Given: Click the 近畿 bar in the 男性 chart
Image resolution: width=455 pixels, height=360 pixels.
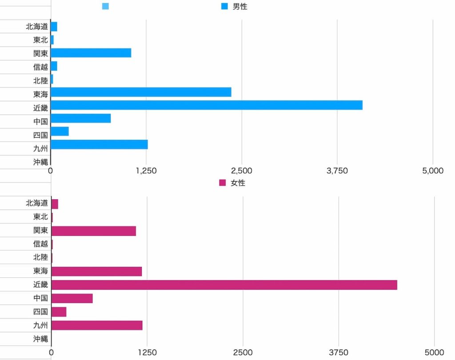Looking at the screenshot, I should (207, 105).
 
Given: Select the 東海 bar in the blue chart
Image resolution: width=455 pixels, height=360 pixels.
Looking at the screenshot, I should (141, 92).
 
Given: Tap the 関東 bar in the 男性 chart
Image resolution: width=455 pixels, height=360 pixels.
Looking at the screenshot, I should (91, 53).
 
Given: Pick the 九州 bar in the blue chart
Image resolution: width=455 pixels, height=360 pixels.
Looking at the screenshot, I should (99, 145).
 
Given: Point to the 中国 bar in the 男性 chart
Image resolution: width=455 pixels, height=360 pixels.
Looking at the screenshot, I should (80, 119).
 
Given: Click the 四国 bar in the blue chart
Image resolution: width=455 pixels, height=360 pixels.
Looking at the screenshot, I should (60, 131).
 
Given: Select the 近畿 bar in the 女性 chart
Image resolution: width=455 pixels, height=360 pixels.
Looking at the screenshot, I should (224, 285).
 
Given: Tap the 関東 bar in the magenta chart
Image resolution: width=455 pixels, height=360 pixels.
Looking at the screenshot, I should (94, 231).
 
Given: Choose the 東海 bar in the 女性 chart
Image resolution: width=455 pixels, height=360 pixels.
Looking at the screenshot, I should (96, 271).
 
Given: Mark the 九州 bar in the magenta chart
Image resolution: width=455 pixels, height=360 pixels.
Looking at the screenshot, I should (97, 325).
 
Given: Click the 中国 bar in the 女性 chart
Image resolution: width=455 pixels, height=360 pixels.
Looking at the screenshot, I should (72, 298).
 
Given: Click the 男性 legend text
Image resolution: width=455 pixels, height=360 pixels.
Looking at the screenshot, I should (240, 7).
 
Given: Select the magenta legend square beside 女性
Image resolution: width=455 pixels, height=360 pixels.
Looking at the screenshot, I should (223, 183).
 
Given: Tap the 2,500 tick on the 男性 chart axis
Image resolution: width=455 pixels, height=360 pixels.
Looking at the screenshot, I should (242, 171).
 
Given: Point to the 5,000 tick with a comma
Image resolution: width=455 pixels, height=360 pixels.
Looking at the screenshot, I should (433, 171).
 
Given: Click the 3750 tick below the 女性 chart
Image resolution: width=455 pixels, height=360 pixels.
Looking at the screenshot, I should (339, 353).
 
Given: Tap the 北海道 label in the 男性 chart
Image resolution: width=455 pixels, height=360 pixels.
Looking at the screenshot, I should (37, 27).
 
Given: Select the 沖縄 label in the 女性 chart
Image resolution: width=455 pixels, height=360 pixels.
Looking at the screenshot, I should (40, 339).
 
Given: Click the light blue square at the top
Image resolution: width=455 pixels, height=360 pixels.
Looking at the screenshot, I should (105, 6).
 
